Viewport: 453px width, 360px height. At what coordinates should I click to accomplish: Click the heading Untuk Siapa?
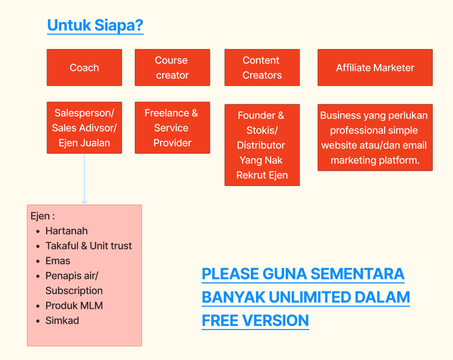click(95, 25)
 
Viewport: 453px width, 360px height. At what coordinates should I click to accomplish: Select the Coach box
click(84, 67)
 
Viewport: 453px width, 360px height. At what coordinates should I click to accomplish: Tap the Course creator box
click(172, 67)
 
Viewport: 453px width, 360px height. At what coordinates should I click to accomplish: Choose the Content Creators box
click(261, 67)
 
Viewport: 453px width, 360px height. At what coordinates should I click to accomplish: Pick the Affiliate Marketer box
click(375, 67)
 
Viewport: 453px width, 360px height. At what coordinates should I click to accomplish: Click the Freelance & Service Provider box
click(172, 128)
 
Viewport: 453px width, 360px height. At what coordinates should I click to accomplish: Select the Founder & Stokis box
click(261, 145)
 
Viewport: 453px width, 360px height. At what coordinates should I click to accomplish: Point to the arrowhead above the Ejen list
click(84, 202)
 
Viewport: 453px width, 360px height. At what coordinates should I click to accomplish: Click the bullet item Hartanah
click(66, 231)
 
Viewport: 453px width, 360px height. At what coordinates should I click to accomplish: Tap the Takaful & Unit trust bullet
click(88, 246)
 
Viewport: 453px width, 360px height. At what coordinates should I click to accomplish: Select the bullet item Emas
click(58, 261)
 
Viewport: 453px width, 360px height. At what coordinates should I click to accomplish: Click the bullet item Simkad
click(62, 321)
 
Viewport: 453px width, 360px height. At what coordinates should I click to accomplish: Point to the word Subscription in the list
click(74, 291)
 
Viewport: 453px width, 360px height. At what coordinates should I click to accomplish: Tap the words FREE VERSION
click(255, 321)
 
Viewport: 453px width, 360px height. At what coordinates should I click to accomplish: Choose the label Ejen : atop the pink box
click(43, 216)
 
